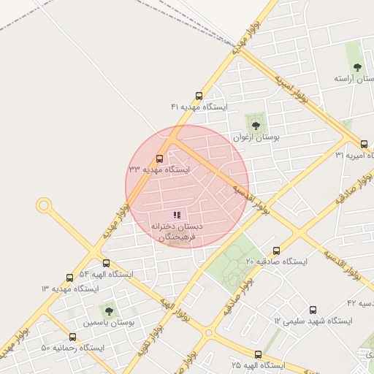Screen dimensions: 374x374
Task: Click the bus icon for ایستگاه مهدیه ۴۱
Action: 199,96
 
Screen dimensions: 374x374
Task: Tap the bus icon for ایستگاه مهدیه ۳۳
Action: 160,159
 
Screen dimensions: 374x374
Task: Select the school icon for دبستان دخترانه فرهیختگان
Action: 176,215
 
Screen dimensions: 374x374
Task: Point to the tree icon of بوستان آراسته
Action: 355,67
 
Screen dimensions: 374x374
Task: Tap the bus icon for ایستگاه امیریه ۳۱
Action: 365,144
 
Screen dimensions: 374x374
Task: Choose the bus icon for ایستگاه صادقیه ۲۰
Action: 276,251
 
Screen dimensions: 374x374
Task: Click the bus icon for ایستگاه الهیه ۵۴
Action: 106,263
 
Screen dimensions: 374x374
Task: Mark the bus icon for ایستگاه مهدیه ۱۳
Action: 69,278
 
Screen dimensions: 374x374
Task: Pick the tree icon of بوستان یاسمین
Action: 109,311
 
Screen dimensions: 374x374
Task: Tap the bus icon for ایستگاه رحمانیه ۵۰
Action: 72,337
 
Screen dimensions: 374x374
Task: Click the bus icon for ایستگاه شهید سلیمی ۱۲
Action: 313,310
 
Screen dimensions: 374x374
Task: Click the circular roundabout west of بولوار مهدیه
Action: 44,205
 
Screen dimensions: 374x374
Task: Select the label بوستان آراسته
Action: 354,78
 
